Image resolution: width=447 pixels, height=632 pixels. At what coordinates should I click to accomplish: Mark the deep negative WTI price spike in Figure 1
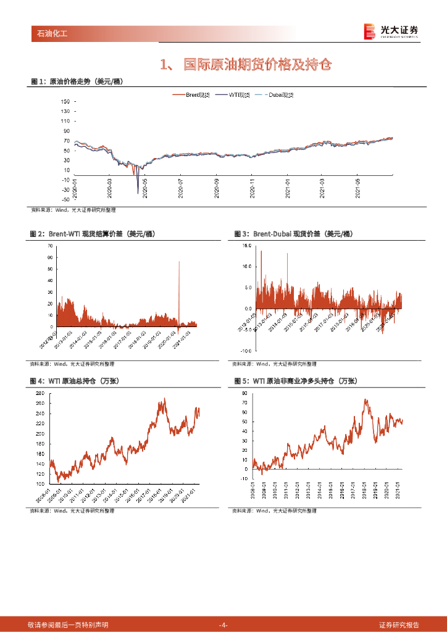point(138,193)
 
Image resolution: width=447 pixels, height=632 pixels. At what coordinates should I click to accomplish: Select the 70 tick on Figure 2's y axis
point(50,246)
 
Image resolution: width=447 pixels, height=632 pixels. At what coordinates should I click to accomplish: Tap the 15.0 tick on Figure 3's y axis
point(248,246)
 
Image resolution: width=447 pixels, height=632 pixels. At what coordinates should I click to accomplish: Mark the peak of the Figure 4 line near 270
point(164,399)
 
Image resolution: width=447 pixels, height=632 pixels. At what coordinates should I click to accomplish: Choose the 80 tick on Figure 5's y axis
point(244,393)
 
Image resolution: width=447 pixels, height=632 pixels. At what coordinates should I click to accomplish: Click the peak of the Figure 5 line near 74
point(366,400)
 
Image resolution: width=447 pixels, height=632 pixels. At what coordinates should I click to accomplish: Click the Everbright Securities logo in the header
point(391,31)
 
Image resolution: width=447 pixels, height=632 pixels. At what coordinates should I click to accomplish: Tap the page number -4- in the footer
point(223,625)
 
